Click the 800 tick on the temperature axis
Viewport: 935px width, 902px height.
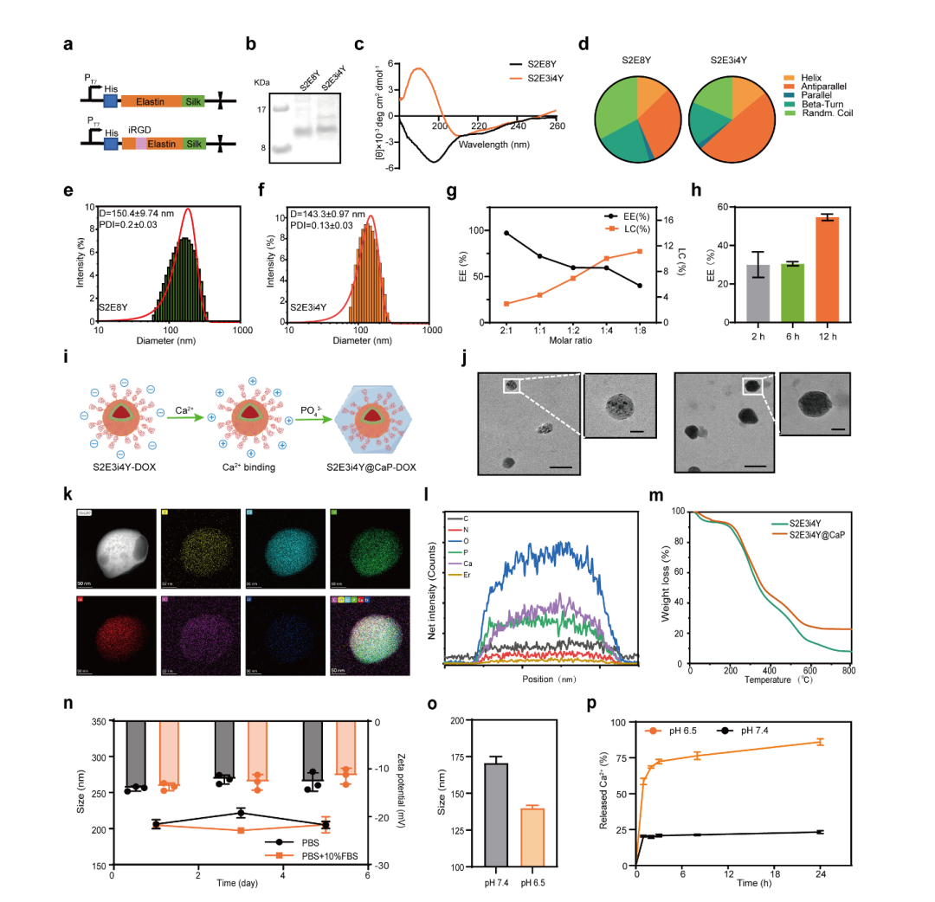(848, 671)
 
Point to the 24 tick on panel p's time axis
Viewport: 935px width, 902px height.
(820, 874)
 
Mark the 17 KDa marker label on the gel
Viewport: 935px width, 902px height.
(260, 110)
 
